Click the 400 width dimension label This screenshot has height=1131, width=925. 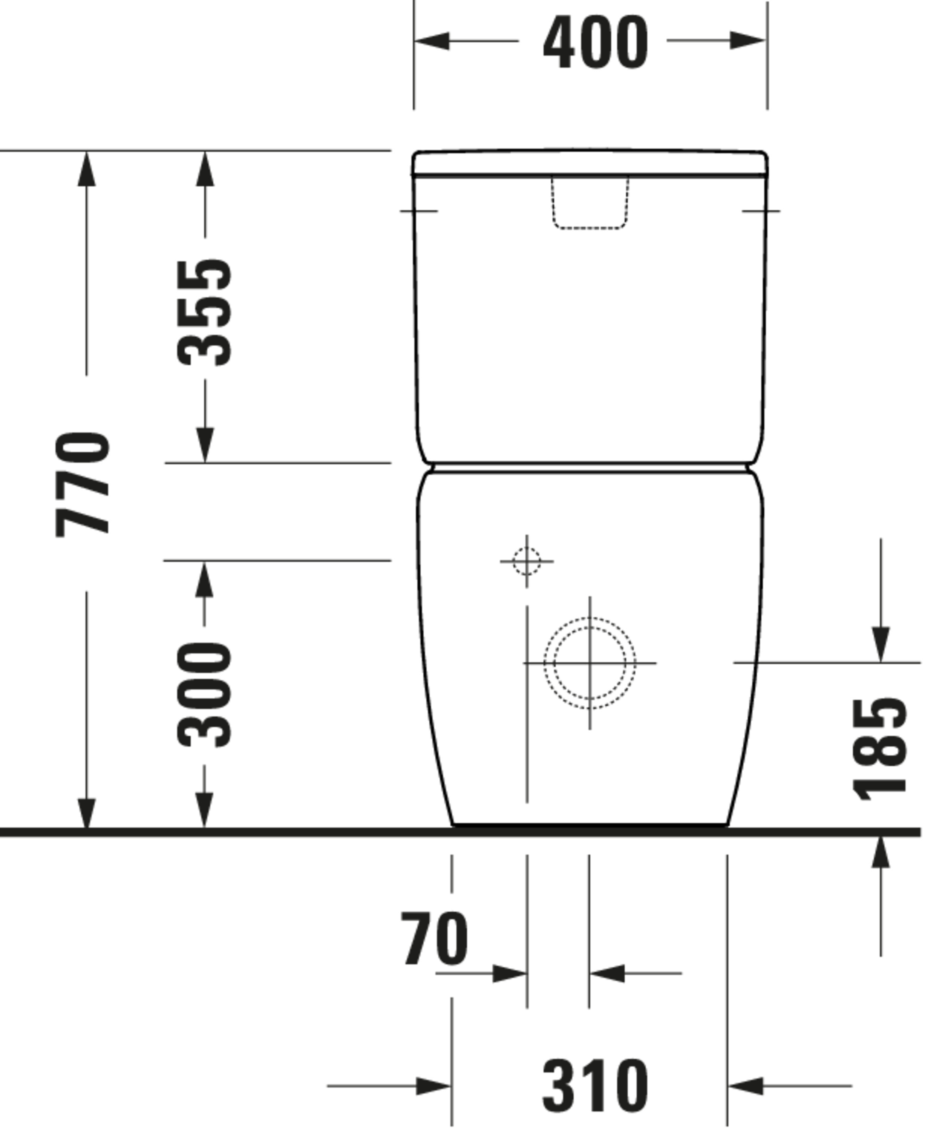tap(595, 43)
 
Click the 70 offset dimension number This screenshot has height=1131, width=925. tap(435, 939)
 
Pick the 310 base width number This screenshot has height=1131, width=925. tap(595, 1086)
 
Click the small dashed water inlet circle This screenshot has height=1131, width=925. tap(527, 561)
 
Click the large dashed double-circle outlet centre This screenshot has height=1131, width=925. tap(589, 663)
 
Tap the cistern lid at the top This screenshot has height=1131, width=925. tap(590, 162)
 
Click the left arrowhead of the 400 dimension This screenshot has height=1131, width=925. tap(432, 40)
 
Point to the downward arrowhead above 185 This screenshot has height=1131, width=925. tap(880, 645)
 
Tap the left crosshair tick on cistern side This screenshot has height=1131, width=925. tap(419, 211)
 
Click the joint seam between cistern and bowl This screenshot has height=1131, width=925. tap(590, 467)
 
